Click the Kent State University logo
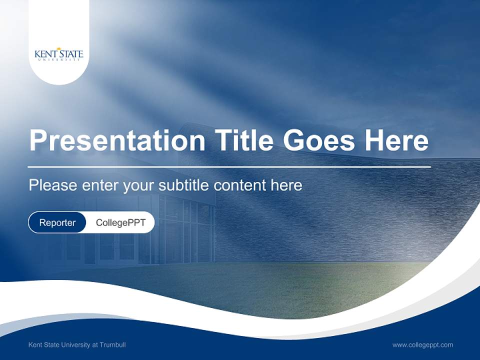coord(59,54)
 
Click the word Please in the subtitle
coord(52,185)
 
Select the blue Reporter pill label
coord(57,223)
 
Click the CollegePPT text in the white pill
coord(120,223)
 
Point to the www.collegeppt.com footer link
coord(422,345)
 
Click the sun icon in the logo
coord(59,49)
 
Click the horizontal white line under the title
coord(229,166)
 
